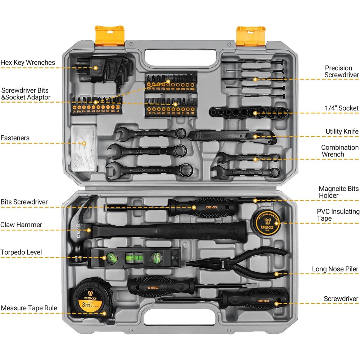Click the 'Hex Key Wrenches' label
28,63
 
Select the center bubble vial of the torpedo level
130,257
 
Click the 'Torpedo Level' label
21,252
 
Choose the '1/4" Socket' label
342,108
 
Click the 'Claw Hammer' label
21,225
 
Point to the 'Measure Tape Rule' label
29,308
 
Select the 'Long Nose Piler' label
335,269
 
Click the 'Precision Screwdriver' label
341,71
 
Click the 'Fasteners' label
15,138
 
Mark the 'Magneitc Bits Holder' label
338,192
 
